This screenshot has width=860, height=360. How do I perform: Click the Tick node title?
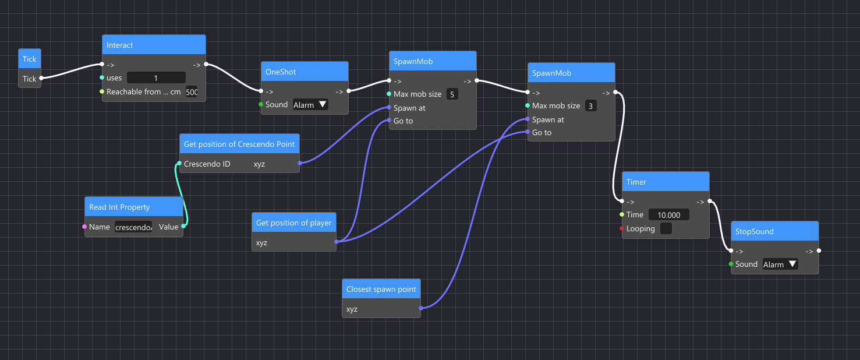pos(30,59)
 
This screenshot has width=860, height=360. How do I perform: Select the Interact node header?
pos(154,45)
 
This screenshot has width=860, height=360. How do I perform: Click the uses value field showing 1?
pos(156,77)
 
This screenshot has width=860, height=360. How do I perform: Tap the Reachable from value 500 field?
pos(192,92)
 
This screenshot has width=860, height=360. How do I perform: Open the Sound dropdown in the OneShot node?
pos(310,105)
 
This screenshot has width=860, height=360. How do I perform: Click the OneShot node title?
pos(304,72)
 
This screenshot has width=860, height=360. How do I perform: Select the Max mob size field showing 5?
pos(452,94)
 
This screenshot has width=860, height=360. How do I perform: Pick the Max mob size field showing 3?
pos(591,106)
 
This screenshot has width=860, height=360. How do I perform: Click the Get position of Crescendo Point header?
pos(239,144)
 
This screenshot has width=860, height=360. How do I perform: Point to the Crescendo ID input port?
pos(179,164)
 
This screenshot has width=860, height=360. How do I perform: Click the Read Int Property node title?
pos(134,207)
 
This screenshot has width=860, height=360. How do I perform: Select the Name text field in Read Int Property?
pos(134,227)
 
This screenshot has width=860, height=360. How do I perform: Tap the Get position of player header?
pos(294,223)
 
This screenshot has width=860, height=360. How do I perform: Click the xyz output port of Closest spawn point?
pos(420,308)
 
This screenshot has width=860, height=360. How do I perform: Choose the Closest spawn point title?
pos(381,289)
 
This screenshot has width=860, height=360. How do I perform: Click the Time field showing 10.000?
pos(668,215)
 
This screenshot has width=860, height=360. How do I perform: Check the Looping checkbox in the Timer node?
pos(666,229)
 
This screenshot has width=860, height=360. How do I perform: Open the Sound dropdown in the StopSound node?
pos(780,264)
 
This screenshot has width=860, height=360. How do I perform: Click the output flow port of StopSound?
pos(819,251)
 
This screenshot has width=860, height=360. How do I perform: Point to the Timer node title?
pos(666,182)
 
